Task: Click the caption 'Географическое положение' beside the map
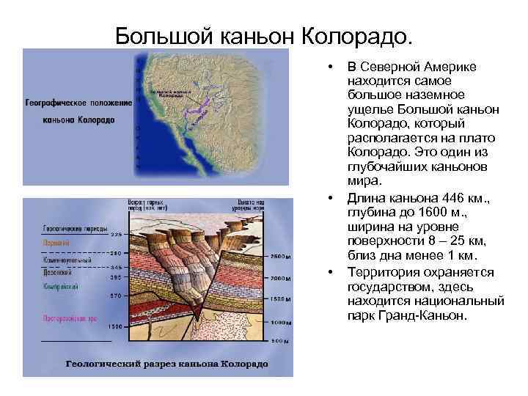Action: (77, 104)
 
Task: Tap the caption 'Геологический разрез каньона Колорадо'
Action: (167, 364)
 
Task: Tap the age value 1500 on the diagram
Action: (114, 326)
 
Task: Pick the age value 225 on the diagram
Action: (116, 235)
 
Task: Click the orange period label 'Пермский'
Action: (56, 242)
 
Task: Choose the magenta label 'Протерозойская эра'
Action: (70, 319)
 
